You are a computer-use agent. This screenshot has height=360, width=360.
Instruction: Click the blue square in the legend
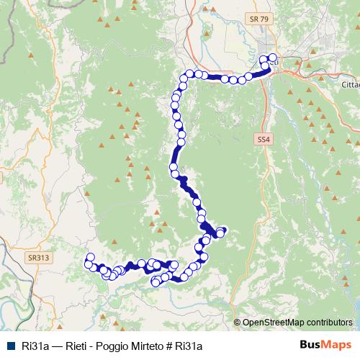[x=9, y=344]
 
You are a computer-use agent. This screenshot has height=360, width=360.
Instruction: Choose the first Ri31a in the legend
[x=34, y=344]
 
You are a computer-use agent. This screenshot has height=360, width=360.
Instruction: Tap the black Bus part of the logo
[x=311, y=344]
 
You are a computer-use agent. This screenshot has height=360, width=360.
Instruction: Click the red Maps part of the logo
[x=338, y=344]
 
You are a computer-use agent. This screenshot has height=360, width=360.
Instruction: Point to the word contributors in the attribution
[x=330, y=323]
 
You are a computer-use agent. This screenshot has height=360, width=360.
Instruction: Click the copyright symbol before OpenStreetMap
[x=237, y=323]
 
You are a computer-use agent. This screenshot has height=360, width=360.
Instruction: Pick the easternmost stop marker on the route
[x=273, y=58]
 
